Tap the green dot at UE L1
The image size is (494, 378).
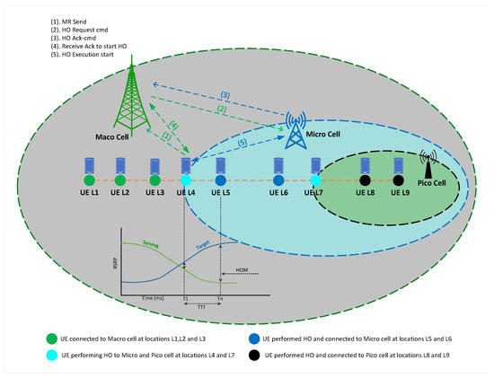point(88,180)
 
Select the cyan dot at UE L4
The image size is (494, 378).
point(185,180)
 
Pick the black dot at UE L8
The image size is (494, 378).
point(365,180)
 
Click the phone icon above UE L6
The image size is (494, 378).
point(279,165)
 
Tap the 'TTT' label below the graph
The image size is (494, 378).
point(201,305)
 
